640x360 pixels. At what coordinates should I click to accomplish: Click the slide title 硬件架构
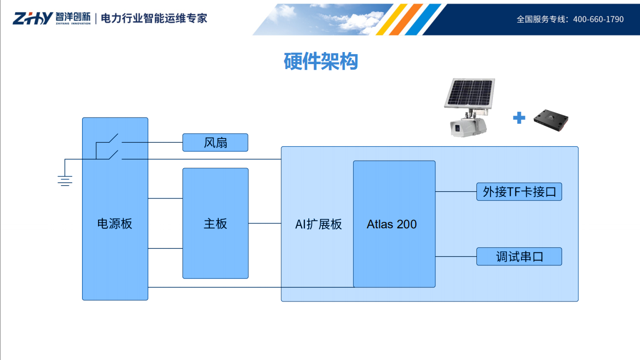(x=321, y=62)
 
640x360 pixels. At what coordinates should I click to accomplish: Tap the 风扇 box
(x=215, y=143)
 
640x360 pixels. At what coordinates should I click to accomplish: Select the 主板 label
(x=215, y=224)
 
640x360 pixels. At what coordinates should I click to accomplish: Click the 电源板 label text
(x=115, y=224)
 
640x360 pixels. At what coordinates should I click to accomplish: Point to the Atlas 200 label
(x=391, y=224)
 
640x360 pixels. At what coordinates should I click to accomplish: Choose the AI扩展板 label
(x=318, y=224)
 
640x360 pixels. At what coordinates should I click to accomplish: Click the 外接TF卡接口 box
(x=519, y=192)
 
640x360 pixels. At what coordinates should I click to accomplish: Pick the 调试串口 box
(x=519, y=257)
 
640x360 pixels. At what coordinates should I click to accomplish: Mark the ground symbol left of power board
(x=65, y=179)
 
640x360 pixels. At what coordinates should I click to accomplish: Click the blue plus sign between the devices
(x=519, y=118)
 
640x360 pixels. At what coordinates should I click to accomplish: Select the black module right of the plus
(x=550, y=120)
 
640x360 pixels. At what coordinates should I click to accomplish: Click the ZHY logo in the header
(x=32, y=19)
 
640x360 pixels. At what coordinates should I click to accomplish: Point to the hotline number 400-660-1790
(x=598, y=19)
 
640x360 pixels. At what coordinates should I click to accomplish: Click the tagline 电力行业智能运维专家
(x=154, y=19)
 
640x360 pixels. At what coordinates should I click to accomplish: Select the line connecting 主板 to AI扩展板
(x=265, y=223)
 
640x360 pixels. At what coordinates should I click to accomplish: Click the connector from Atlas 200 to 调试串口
(x=455, y=256)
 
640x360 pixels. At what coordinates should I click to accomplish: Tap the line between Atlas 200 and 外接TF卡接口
(x=455, y=191)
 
